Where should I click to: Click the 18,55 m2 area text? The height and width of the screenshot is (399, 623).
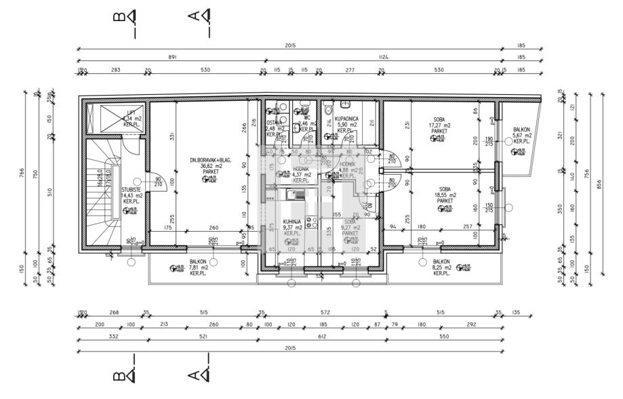coord(445,195)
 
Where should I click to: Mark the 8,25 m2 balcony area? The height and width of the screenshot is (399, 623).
coord(441,267)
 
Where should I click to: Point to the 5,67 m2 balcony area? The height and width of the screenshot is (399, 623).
coord(521,135)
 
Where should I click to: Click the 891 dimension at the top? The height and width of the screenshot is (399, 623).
coord(172,58)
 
